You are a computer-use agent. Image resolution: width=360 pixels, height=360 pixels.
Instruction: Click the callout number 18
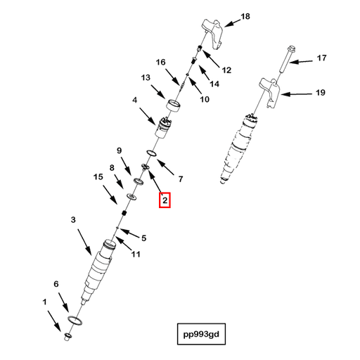tap(245, 16)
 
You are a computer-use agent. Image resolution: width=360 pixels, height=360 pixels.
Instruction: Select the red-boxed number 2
tap(165, 200)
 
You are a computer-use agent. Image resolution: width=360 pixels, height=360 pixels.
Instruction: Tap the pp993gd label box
tap(201, 334)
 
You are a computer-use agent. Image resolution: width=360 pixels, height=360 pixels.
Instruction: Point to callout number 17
tap(321, 58)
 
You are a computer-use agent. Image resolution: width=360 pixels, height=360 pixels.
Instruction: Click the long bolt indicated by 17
tap(286, 59)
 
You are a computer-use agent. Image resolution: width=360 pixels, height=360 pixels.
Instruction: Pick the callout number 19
tap(321, 93)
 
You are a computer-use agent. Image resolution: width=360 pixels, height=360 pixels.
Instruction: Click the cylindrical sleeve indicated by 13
tap(174, 106)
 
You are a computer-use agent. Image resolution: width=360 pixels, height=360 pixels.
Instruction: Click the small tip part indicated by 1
tap(67, 337)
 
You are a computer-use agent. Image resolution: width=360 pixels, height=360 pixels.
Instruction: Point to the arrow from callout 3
tap(84, 242)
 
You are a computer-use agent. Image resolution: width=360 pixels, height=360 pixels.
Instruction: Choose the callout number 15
tap(98, 176)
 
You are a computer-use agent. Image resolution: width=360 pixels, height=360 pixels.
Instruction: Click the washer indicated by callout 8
tap(131, 197)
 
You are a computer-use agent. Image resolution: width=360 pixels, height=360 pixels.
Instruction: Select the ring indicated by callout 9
tap(139, 181)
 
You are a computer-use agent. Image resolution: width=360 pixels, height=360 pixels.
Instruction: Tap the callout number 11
tap(136, 254)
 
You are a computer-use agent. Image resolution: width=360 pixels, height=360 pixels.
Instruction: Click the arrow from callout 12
tap(211, 59)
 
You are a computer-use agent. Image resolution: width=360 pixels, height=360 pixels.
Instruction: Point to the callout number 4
tap(134, 100)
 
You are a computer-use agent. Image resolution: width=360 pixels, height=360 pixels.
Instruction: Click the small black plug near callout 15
tap(124, 213)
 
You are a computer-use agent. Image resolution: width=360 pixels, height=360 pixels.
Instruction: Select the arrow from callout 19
tap(296, 94)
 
